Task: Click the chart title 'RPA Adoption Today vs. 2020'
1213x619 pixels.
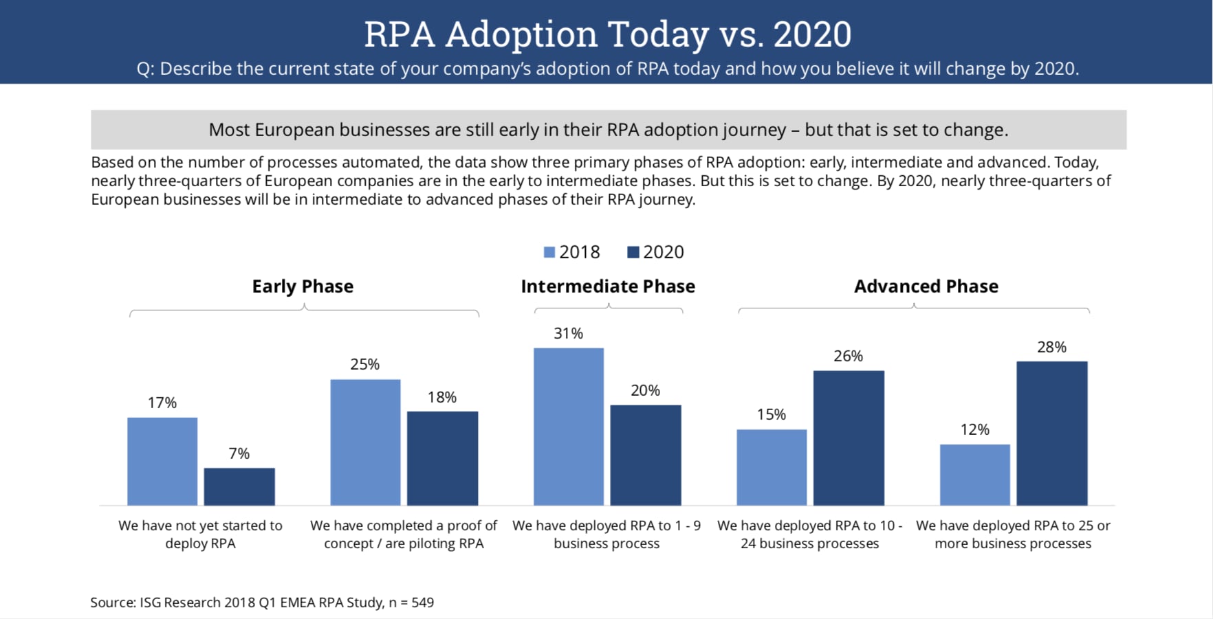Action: pyautogui.click(x=607, y=34)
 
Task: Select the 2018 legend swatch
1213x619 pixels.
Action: pyautogui.click(x=549, y=252)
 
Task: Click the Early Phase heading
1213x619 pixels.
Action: pyautogui.click(x=303, y=286)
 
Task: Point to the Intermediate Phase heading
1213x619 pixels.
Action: pyautogui.click(x=608, y=286)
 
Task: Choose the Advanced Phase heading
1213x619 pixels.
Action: pyautogui.click(x=926, y=286)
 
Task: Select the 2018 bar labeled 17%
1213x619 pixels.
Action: pyautogui.click(x=162, y=461)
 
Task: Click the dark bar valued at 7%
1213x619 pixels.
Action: pyautogui.click(x=239, y=486)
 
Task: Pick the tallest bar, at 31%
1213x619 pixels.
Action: pyautogui.click(x=569, y=427)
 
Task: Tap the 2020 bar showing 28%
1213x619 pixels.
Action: pyautogui.click(x=1052, y=434)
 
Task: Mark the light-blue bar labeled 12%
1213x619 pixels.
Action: pyautogui.click(x=975, y=475)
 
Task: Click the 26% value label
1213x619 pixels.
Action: pyautogui.click(x=848, y=356)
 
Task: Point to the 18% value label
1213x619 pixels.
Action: pyautogui.click(x=442, y=397)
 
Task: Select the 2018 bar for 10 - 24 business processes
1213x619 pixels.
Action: pyautogui.click(x=772, y=467)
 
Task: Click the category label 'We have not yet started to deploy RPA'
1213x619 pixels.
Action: pyautogui.click(x=200, y=534)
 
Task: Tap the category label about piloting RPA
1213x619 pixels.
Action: pyautogui.click(x=404, y=534)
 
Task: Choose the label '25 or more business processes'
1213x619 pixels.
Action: pyautogui.click(x=1013, y=534)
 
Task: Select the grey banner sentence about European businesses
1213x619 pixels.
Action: pyautogui.click(x=608, y=130)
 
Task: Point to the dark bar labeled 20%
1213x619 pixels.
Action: pyautogui.click(x=646, y=455)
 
